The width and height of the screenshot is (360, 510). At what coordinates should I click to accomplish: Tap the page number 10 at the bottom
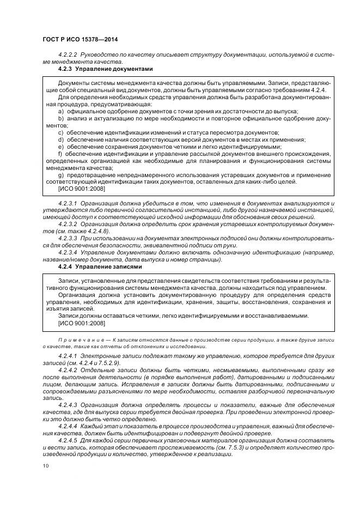click(x=44, y=465)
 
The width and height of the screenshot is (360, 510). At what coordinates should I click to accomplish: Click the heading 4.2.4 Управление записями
click(x=100, y=267)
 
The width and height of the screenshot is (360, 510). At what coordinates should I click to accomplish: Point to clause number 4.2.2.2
click(x=68, y=56)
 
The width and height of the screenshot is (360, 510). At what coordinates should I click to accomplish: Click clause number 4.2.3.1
click(x=68, y=203)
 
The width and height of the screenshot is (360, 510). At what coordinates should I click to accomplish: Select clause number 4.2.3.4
click(x=68, y=253)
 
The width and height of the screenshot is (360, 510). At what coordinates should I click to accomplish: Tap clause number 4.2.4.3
click(x=68, y=405)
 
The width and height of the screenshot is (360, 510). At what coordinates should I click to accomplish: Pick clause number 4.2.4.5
click(x=68, y=439)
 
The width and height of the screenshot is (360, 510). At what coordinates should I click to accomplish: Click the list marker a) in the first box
click(x=61, y=111)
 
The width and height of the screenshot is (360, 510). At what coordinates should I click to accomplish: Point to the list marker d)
click(x=61, y=139)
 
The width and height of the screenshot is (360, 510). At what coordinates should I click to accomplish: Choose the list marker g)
click(x=61, y=175)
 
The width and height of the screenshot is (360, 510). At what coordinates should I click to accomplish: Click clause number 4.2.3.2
click(x=68, y=224)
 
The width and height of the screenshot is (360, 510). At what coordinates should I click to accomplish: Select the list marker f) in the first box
click(x=60, y=153)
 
